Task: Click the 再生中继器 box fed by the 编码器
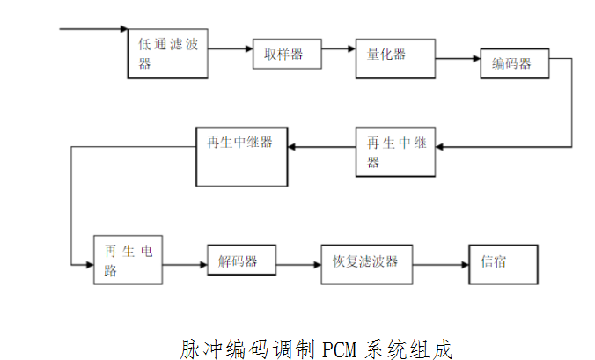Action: tap(395, 151)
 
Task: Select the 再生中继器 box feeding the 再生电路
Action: tap(240, 156)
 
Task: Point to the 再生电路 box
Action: tap(128, 260)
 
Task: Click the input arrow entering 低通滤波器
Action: tap(93, 29)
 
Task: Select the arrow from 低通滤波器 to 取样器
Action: tap(231, 49)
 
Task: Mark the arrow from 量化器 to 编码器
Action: tap(457, 60)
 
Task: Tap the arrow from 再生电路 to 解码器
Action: tap(184, 263)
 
